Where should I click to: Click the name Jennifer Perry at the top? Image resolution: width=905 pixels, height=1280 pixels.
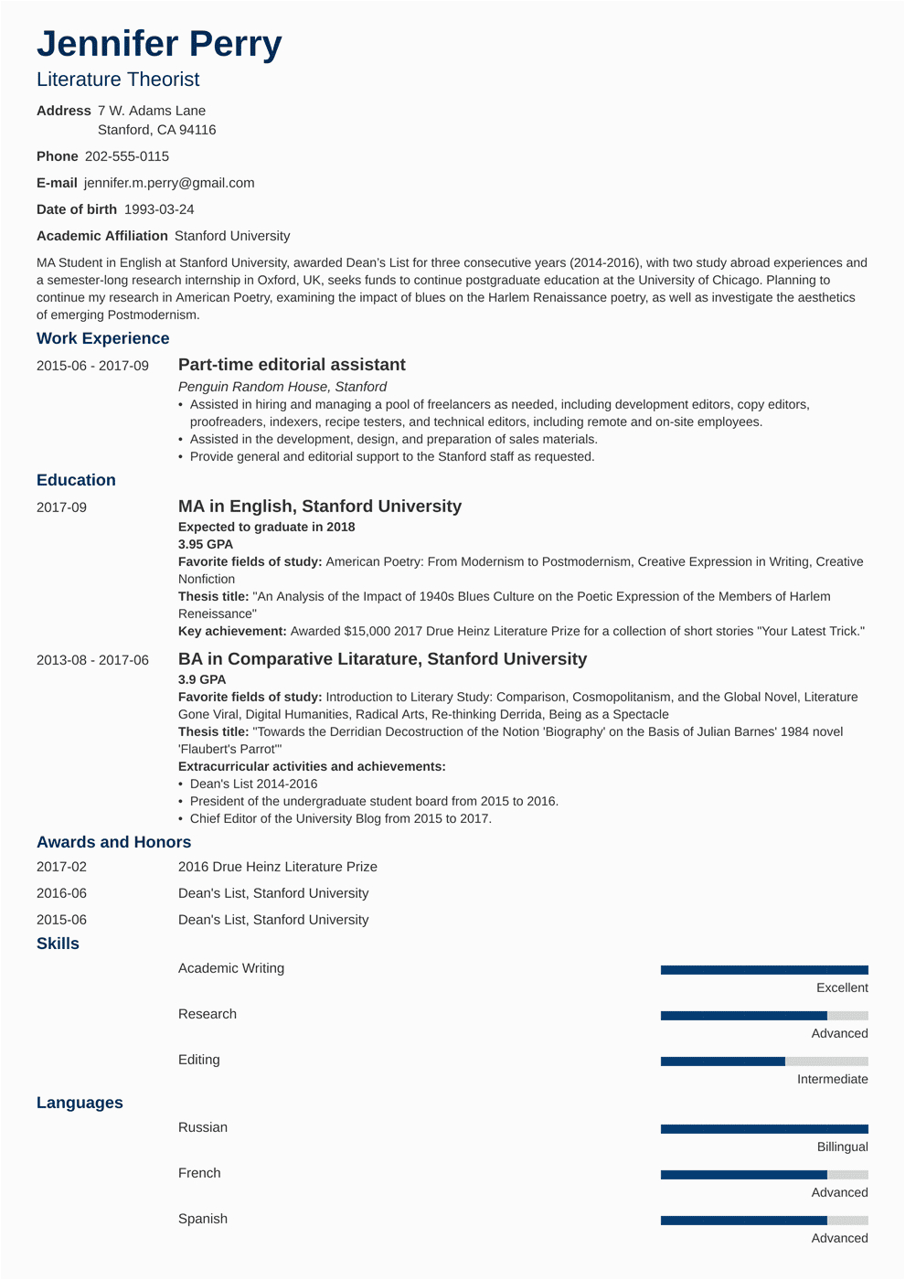point(159,44)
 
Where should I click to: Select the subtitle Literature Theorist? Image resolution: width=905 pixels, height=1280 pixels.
point(118,80)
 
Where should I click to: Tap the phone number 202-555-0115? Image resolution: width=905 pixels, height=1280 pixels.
point(127,156)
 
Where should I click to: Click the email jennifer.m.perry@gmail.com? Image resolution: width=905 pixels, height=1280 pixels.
point(169,183)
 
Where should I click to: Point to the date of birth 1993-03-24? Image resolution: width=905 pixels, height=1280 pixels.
point(159,209)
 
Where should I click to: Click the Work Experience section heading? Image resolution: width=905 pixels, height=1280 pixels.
point(102,338)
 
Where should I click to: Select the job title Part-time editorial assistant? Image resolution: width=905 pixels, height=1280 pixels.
point(292,365)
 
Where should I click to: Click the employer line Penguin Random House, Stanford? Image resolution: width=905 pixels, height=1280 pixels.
point(282,387)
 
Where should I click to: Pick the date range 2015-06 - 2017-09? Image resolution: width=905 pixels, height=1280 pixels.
point(92,366)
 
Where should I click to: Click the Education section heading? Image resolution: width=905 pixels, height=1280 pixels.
point(76,480)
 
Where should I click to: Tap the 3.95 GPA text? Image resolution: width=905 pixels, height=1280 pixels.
point(206,544)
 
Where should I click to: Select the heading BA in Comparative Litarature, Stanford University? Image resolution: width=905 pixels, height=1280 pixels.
point(382,659)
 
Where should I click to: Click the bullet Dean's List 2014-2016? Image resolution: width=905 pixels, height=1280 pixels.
point(253,784)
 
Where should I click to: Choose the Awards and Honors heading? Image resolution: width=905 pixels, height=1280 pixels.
point(113,842)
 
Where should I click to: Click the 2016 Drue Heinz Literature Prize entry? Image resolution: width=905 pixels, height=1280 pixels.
point(278,867)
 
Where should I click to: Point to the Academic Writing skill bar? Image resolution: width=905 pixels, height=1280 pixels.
point(764,970)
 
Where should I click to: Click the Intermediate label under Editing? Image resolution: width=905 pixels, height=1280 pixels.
point(832,1080)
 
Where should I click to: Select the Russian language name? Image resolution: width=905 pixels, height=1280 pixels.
point(203,1127)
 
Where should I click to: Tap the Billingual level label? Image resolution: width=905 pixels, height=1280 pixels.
point(842,1147)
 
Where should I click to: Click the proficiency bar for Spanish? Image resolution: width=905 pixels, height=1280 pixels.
point(764,1221)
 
